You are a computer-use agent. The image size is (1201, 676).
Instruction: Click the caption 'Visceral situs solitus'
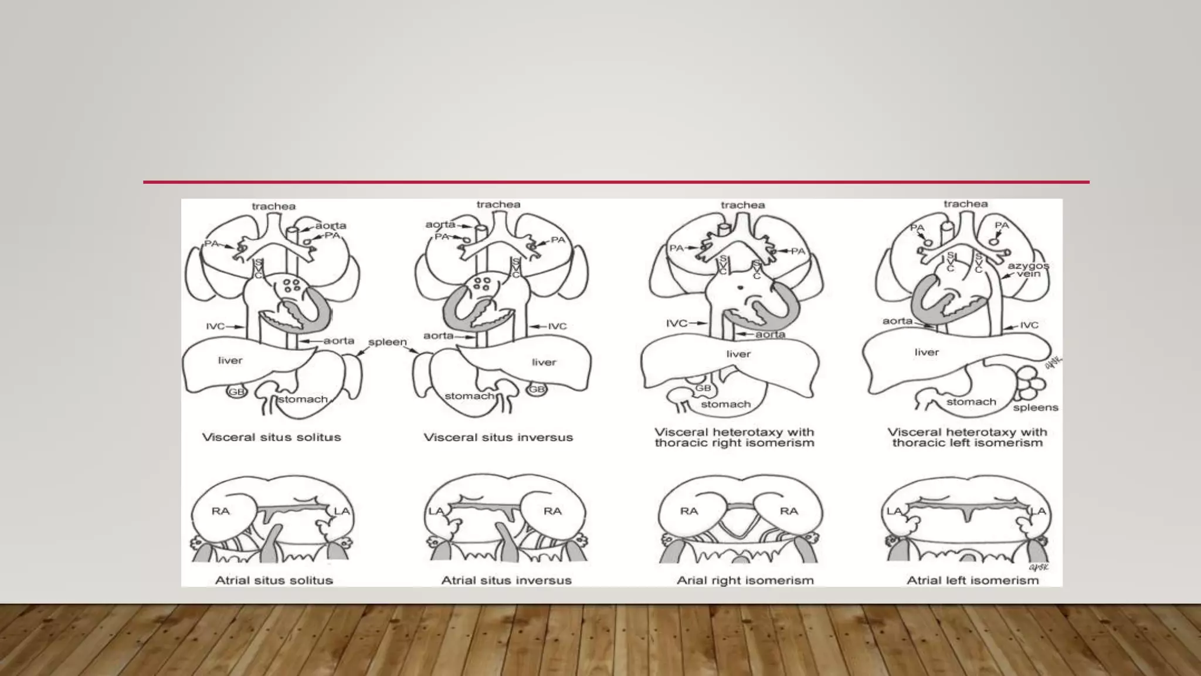tap(271, 437)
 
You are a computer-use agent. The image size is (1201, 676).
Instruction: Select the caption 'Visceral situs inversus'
tap(498, 437)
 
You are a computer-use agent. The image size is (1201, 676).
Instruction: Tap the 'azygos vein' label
tap(1028, 270)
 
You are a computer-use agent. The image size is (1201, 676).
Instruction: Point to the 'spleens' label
tap(1035, 407)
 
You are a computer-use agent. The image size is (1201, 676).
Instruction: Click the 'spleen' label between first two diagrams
tap(387, 342)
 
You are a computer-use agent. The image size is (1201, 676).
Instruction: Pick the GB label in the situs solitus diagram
tap(236, 391)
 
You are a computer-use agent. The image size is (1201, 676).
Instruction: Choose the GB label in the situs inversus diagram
tap(537, 389)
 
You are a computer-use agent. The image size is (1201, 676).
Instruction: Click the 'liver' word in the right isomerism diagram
tap(738, 354)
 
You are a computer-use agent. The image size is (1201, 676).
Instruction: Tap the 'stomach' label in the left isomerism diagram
tap(971, 402)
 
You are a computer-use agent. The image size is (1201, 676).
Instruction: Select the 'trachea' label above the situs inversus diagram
tap(498, 204)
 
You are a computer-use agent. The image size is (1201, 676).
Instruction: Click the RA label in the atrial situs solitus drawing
tap(220, 511)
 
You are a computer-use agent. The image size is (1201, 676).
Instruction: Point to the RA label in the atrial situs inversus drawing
tap(552, 511)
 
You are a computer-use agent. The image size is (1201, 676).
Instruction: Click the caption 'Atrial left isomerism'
tap(972, 580)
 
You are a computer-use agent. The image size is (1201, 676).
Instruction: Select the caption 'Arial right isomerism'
tap(745, 580)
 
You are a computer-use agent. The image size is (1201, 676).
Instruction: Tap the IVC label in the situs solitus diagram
tap(215, 326)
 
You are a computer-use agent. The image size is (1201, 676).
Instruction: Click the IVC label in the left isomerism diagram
tap(1029, 325)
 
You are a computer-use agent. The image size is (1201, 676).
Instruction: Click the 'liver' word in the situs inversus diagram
tap(544, 362)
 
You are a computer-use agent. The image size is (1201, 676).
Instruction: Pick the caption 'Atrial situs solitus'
tap(274, 580)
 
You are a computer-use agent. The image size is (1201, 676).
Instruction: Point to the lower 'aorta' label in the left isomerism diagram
tap(897, 321)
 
